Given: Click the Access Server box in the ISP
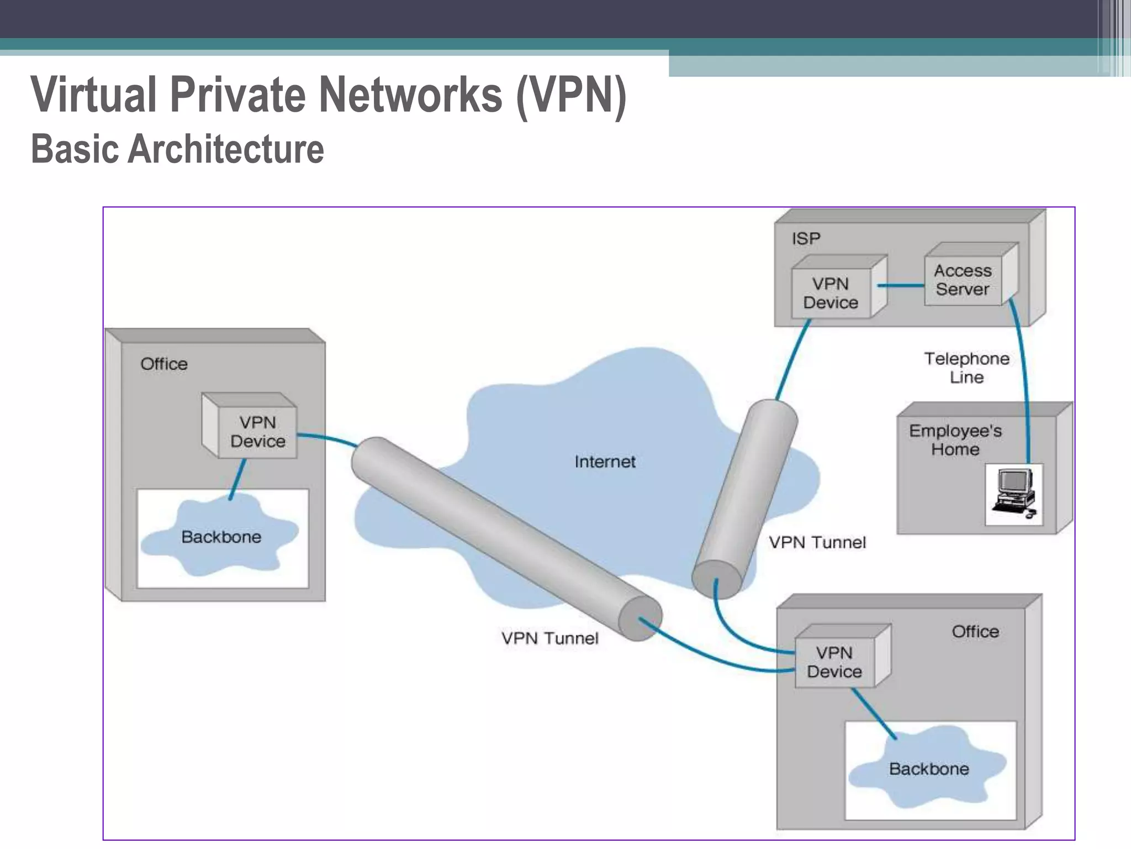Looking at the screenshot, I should point(963,280).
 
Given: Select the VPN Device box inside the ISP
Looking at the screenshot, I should point(831,294).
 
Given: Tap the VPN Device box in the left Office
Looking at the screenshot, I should point(257,432).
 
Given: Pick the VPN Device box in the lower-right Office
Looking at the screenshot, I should point(834,662).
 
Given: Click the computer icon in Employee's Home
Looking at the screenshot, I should point(1014,494).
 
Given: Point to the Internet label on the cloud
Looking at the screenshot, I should point(605,462).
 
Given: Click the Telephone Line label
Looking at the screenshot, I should point(966,368).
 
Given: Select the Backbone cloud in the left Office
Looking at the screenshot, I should point(221,537).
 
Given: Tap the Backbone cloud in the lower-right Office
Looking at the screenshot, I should point(929,769).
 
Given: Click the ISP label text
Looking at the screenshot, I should point(806,239).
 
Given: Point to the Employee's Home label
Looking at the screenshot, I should point(955,440).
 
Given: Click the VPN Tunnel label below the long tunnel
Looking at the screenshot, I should point(549,638).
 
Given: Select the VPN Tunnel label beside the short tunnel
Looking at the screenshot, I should point(817,543).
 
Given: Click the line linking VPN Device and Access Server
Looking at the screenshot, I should point(900,286).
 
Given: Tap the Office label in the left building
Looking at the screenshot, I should point(164,364).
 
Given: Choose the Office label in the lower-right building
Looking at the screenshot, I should point(975,632).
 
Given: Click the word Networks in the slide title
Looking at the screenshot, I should point(411,95).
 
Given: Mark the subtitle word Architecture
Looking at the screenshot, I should point(226,149).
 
